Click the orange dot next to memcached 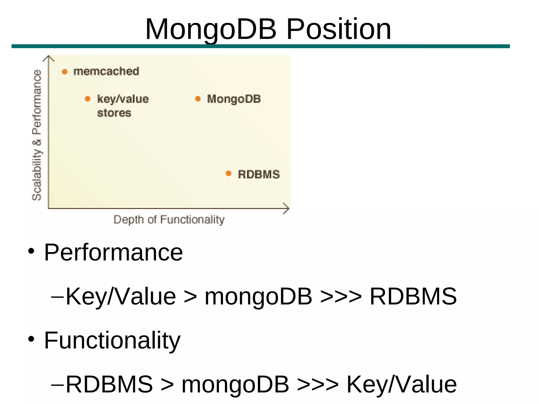(x=64, y=72)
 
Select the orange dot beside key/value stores (x=88, y=99)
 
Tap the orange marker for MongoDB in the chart (x=198, y=99)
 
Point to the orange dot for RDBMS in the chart (x=228, y=173)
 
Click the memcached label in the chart (x=106, y=71)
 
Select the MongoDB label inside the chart (x=234, y=99)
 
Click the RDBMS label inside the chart (x=259, y=174)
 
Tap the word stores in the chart (x=114, y=113)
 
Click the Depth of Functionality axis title (x=169, y=220)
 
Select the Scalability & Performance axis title (x=37, y=135)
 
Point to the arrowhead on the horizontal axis (x=287, y=208)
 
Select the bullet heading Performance (x=113, y=252)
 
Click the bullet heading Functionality (x=112, y=340)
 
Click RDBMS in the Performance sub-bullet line (x=413, y=296)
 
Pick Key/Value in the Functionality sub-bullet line (x=401, y=384)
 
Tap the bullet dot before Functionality (x=31, y=339)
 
